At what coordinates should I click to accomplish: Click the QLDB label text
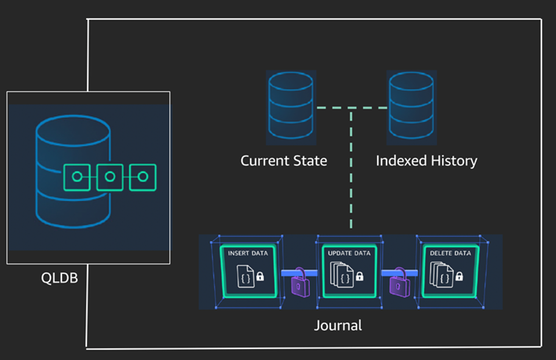59,278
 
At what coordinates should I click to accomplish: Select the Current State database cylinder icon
291,107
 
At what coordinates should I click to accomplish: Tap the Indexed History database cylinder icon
412,107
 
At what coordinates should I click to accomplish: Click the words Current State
284,160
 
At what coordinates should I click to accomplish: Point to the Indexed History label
426,160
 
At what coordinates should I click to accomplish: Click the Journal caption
338,325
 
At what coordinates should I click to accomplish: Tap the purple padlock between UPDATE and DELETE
400,282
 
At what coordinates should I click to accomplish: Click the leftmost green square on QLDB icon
77,177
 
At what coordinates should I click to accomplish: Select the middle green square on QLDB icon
109,177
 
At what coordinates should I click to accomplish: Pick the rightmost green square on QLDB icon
142,177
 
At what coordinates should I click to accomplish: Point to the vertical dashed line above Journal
351,174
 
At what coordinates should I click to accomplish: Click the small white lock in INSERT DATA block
259,277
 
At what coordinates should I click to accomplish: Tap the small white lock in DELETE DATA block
459,277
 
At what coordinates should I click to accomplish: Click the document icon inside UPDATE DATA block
343,275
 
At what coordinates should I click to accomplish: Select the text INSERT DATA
248,254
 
